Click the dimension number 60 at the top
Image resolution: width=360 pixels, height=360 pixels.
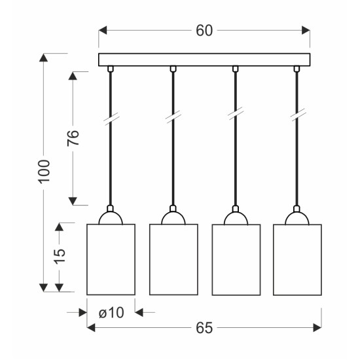coord(204,31)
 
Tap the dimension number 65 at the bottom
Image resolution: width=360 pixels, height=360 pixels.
coord(204,328)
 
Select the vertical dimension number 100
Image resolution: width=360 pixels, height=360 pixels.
coord(44,171)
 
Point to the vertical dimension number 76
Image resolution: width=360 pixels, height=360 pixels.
coord(73,138)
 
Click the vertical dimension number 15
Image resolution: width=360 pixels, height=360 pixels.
coord(60,256)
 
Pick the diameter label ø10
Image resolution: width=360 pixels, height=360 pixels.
coord(111,312)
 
